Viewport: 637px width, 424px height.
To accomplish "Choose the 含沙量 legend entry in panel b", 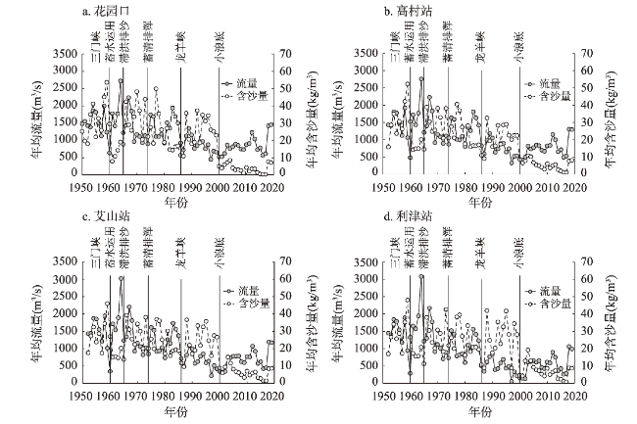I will point(543,96).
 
